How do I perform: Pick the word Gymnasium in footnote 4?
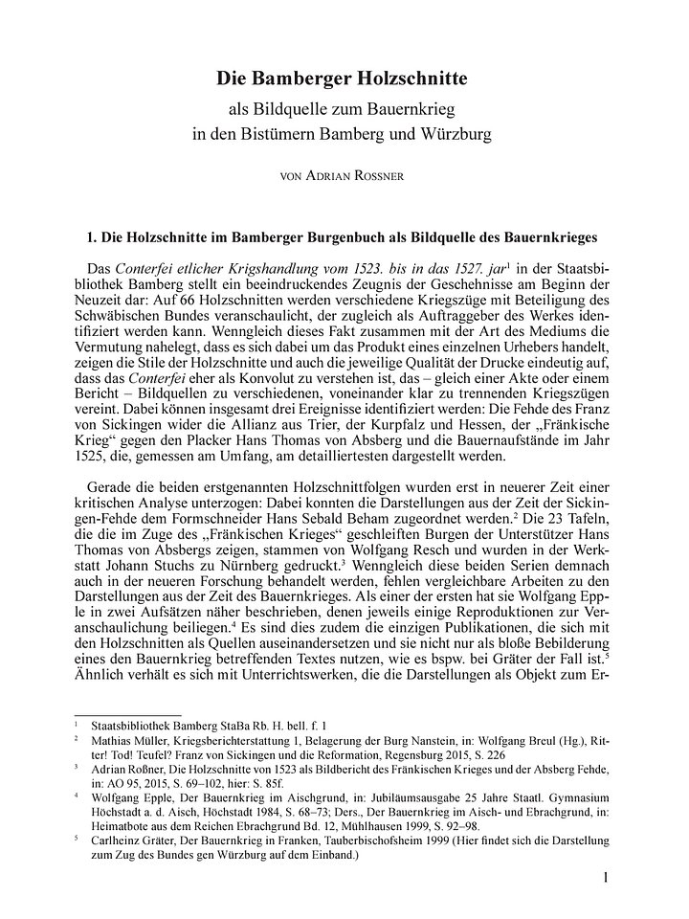(x=567, y=796)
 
